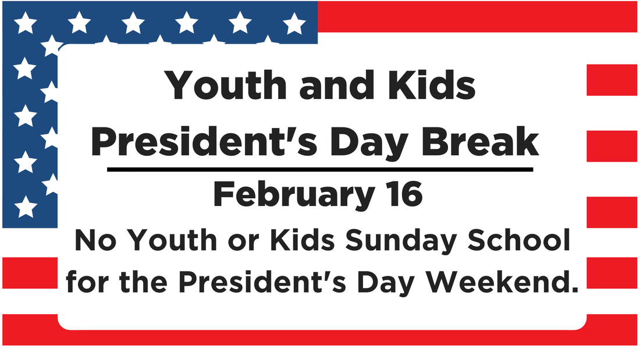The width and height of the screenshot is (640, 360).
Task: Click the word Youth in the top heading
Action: (226, 85)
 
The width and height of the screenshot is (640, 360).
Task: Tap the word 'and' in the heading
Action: (337, 85)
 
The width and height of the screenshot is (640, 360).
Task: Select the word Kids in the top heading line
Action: (432, 85)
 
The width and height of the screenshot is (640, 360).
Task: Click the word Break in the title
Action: (480, 141)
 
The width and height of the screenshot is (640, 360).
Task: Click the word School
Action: (519, 240)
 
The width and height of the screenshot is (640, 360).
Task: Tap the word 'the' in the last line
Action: (144, 281)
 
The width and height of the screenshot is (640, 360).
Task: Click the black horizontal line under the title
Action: (320, 169)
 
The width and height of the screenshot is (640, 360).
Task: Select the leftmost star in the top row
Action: (25, 23)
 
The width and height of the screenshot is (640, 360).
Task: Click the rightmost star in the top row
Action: (294, 23)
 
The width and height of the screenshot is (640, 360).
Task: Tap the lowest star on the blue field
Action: (26, 206)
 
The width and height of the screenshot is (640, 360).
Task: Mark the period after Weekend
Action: (575, 290)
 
